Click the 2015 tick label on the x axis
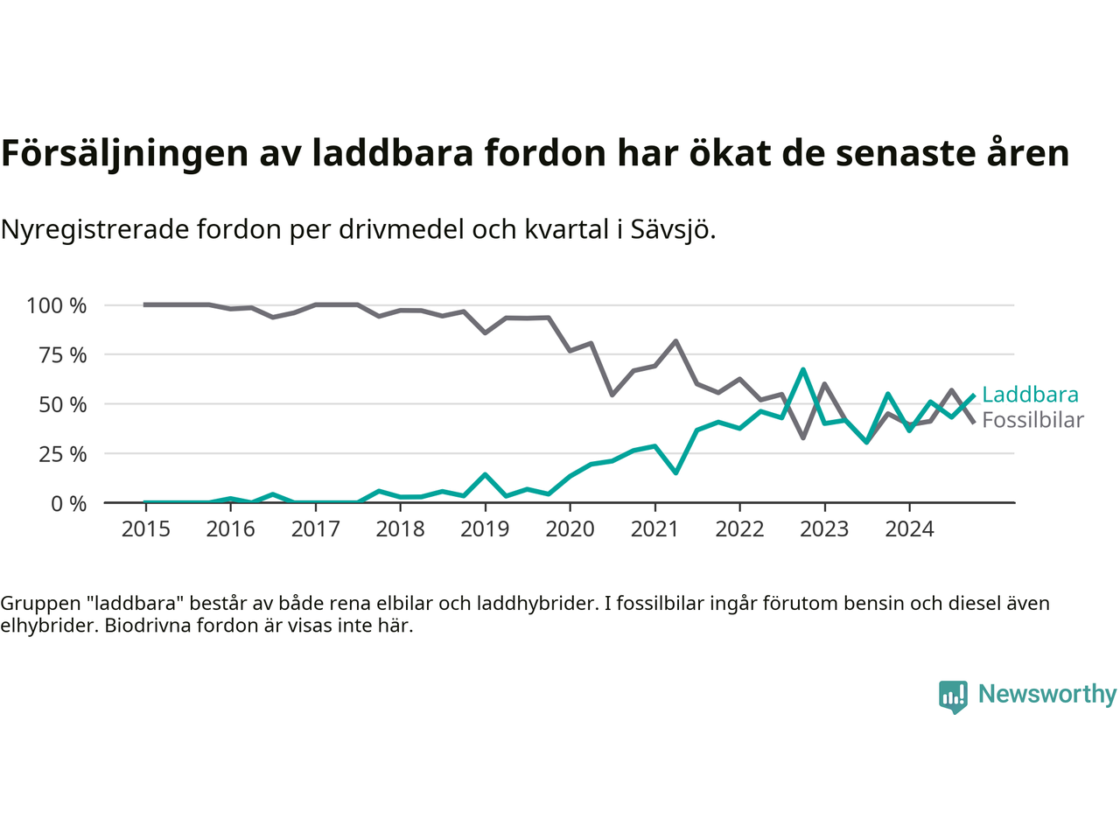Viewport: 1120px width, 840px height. tap(146, 528)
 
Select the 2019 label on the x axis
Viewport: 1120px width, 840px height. tap(486, 528)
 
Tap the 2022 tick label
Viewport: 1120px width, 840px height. tap(740, 528)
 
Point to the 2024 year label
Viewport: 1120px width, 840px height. tap(910, 528)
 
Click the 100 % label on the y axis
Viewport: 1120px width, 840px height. tap(57, 305)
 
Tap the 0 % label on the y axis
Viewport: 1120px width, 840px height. tap(68, 503)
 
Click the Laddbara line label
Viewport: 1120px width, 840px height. tap(1030, 395)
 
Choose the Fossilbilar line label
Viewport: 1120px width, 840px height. tap(1032, 420)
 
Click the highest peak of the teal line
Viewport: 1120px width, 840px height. tap(803, 370)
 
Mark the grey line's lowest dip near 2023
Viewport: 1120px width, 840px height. tap(803, 437)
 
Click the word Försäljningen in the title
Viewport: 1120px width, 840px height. tap(124, 153)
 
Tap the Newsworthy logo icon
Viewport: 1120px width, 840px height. tap(953, 696)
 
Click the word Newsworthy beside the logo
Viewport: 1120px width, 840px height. tap(1046, 694)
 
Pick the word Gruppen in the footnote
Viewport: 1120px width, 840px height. tap(39, 603)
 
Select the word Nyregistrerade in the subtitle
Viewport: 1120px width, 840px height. tap(94, 229)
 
